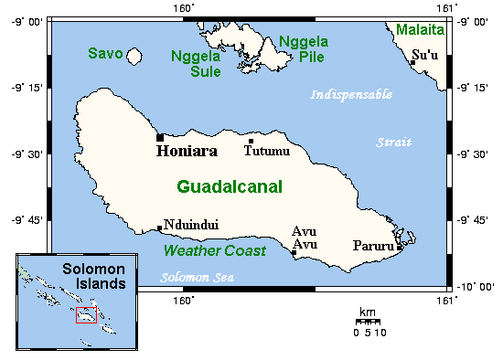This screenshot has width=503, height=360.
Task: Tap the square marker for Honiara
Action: pyautogui.click(x=160, y=138)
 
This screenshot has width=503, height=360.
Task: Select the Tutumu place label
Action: pyautogui.click(x=266, y=151)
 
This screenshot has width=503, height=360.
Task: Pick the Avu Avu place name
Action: pyautogui.click(x=304, y=238)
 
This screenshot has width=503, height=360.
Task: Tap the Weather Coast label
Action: pyautogui.click(x=214, y=250)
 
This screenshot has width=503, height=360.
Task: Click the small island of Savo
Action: pyautogui.click(x=134, y=57)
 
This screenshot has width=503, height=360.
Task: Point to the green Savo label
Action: pyautogui.click(x=105, y=54)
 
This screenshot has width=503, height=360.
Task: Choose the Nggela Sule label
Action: pyautogui.click(x=196, y=64)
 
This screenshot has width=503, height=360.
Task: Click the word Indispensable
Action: pyautogui.click(x=351, y=94)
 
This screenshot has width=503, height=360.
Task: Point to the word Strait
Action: pyautogui.click(x=394, y=142)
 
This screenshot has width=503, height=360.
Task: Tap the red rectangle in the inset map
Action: pyautogui.click(x=87, y=314)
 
